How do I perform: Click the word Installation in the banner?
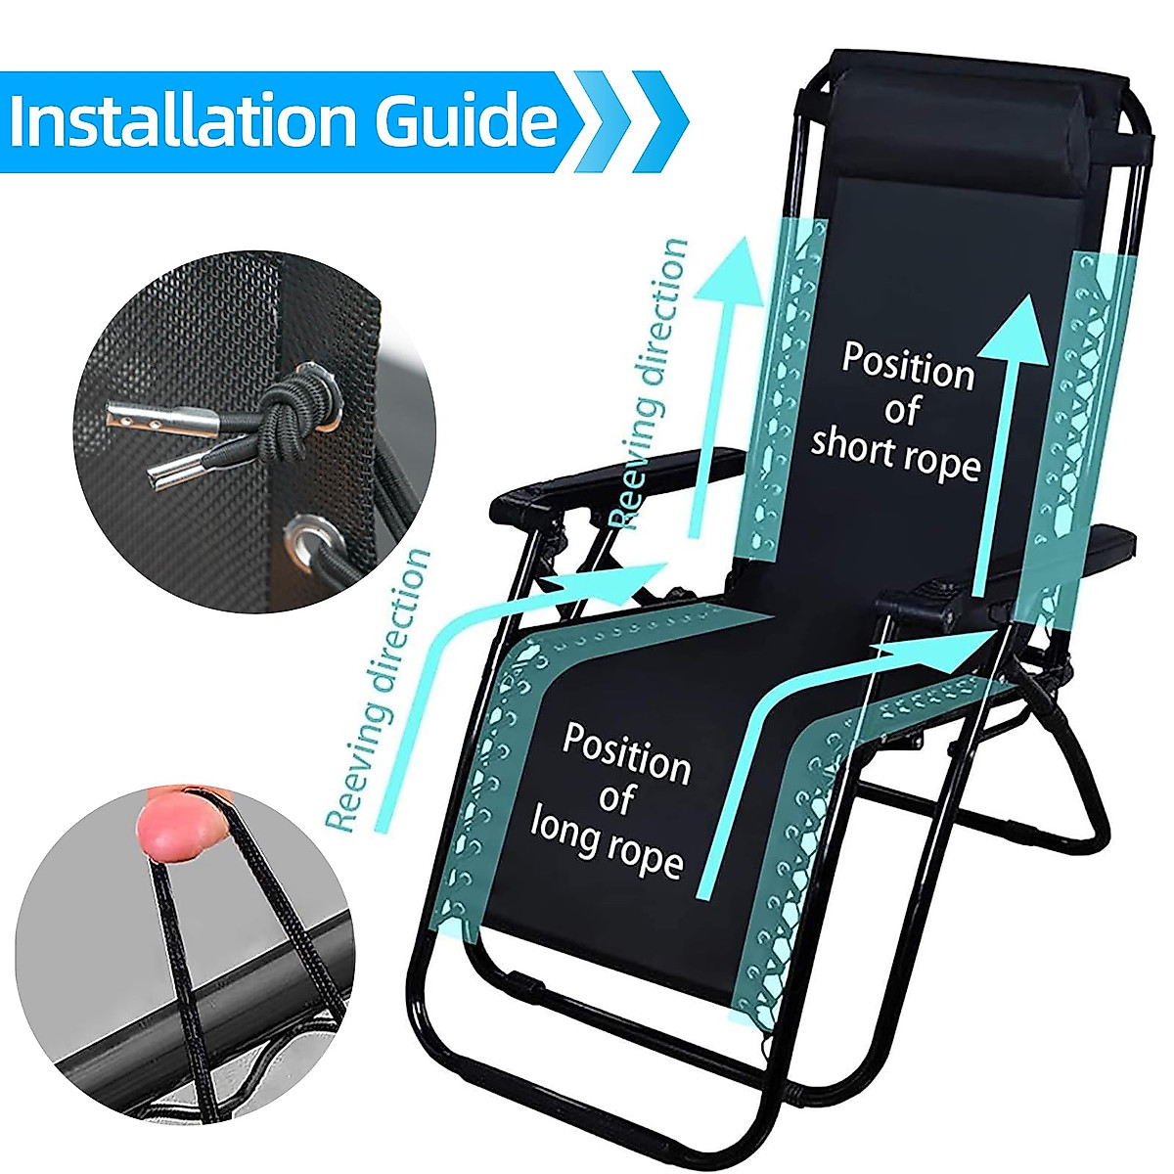181,120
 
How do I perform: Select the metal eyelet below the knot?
313,537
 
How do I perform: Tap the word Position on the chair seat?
626,753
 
